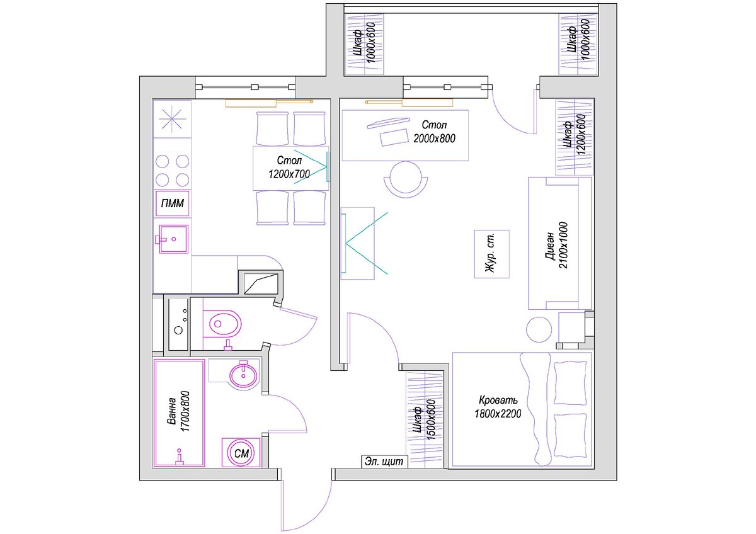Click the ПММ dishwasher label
click(173, 203)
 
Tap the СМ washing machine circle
click(241, 453)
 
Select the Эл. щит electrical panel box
click(384, 462)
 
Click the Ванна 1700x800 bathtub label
click(178, 412)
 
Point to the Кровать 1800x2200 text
click(498, 407)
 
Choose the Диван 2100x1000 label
click(556, 245)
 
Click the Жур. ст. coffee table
click(491, 254)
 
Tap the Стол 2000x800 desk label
click(434, 132)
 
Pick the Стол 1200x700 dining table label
click(289, 167)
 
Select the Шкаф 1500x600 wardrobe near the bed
click(424, 419)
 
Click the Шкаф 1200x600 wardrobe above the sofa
click(575, 137)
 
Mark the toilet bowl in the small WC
click(224, 324)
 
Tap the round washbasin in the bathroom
click(243, 375)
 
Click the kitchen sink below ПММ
click(173, 239)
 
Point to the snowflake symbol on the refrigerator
click(172, 119)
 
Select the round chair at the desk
click(406, 179)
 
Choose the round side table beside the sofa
click(539, 329)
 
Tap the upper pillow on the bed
click(570, 382)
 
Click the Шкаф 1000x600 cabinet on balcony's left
click(365, 44)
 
